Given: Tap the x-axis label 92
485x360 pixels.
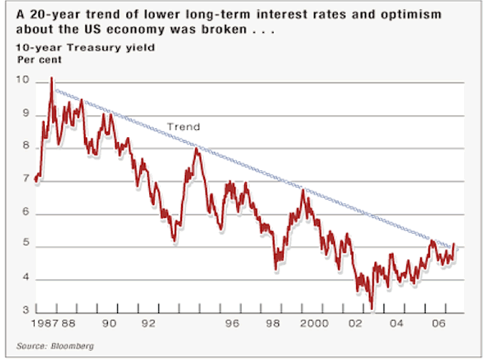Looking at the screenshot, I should [x=148, y=324].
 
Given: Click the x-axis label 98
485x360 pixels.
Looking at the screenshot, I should [x=273, y=324].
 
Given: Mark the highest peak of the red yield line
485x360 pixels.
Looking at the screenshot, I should [x=52, y=78].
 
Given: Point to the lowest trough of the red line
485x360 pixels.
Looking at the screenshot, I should [x=373, y=309].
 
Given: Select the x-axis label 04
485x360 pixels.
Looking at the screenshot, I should [x=399, y=324].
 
